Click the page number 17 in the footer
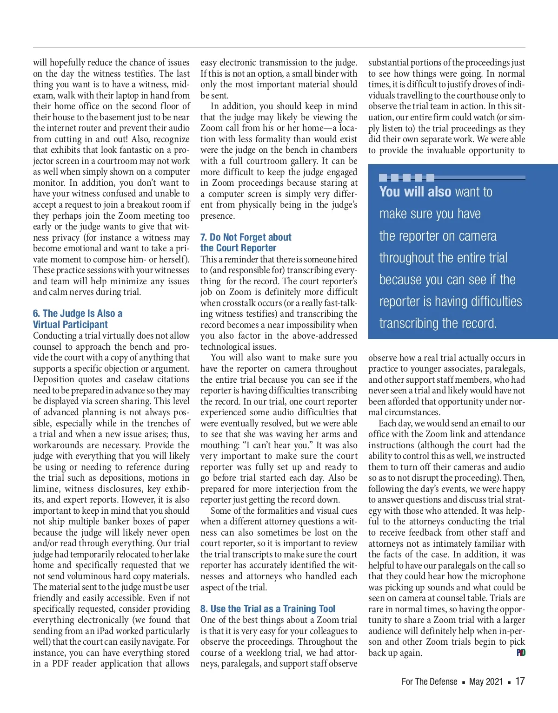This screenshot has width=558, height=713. tap(520, 681)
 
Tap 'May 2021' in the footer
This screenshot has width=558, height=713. tap(486, 681)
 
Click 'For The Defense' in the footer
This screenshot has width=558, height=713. tap(429, 681)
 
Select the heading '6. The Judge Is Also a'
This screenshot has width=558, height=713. tap(78, 314)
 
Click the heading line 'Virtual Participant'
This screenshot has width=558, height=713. tap(70, 325)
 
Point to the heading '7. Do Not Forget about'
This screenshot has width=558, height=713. tap(246, 237)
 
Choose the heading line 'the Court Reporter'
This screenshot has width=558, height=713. tap(238, 248)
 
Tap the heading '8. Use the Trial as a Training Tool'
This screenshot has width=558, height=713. tap(267, 609)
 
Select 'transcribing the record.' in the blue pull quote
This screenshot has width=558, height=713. tap(438, 323)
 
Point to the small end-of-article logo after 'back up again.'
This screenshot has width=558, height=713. tap(521, 653)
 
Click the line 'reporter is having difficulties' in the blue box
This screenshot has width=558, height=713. tap(451, 301)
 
